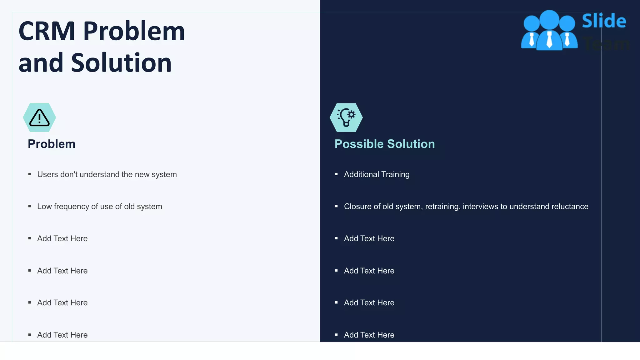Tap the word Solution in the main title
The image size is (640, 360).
121,63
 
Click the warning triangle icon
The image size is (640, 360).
39,118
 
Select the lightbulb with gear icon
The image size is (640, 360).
346,117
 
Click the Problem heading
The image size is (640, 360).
52,144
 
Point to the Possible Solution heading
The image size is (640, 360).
385,144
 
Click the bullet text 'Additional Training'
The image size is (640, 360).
377,174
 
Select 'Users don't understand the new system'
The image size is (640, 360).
107,174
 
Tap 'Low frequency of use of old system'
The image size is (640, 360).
99,207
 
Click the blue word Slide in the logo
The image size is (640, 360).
604,21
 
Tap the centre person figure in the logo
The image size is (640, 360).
549,31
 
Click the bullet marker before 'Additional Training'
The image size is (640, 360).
336,174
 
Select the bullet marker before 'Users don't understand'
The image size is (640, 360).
30,174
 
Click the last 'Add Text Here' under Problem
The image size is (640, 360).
62,335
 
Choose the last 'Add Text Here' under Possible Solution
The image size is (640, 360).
369,335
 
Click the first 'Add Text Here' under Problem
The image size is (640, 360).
62,239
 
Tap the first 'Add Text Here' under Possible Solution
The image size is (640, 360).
369,239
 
